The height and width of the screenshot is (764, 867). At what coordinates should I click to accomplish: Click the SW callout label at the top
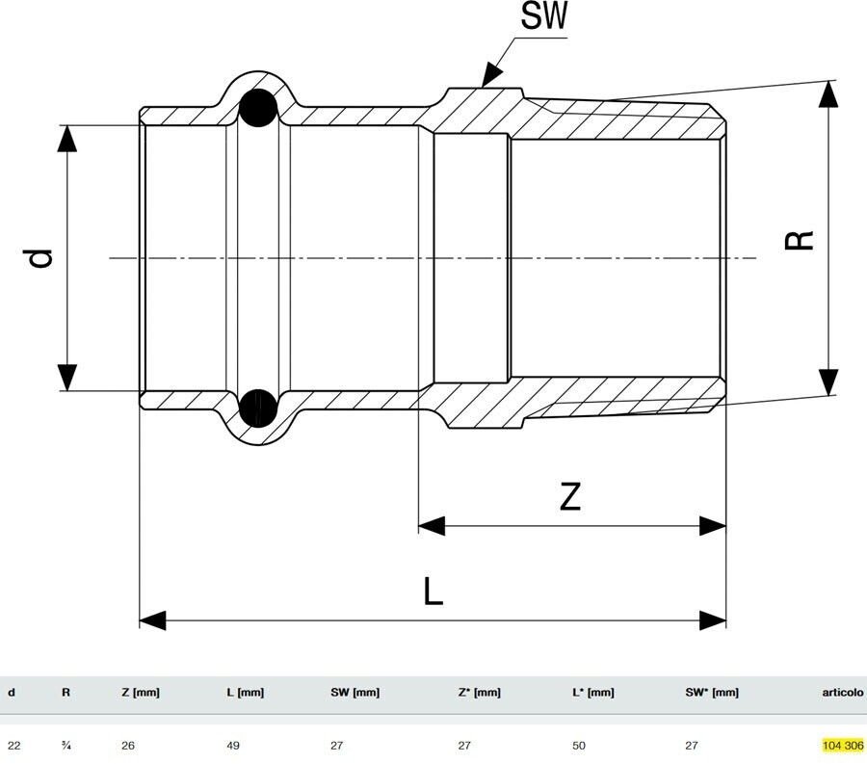pyautogui.click(x=545, y=18)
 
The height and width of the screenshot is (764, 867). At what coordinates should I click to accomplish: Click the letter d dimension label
pyautogui.click(x=39, y=257)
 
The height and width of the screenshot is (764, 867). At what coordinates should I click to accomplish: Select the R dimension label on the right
pyautogui.click(x=799, y=240)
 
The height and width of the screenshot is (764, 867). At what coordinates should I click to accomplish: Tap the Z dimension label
pyautogui.click(x=570, y=496)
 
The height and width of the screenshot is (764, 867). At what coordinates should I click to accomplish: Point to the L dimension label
pyautogui.click(x=433, y=591)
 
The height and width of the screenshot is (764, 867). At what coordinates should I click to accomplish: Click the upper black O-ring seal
pyautogui.click(x=258, y=108)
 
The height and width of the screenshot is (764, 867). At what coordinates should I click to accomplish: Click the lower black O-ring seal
pyautogui.click(x=258, y=408)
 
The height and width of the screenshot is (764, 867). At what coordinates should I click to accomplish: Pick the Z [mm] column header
pyautogui.click(x=141, y=692)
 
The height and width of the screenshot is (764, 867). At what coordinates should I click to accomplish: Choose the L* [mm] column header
pyautogui.click(x=592, y=692)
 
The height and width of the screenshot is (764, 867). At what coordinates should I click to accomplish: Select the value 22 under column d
pyautogui.click(x=13, y=745)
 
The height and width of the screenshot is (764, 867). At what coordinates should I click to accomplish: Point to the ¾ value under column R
pyautogui.click(x=66, y=745)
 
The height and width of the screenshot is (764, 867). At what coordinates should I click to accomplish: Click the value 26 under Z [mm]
pyautogui.click(x=128, y=745)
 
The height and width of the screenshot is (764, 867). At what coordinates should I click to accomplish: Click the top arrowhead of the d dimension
pyautogui.click(x=66, y=139)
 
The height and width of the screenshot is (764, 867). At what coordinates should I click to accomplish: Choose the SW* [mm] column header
pyautogui.click(x=712, y=692)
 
